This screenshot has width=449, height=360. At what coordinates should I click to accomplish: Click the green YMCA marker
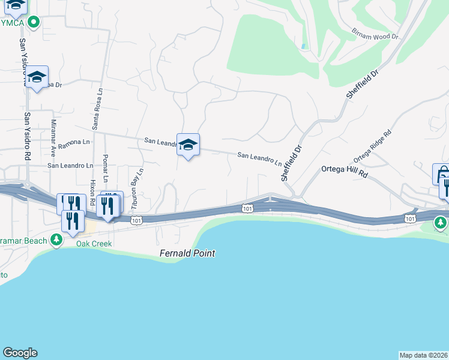(x=34, y=23)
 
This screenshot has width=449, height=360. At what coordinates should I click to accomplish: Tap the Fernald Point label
(x=187, y=254)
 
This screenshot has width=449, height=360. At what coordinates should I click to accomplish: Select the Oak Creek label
(x=94, y=244)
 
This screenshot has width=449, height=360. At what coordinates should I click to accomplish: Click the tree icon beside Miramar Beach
(x=56, y=241)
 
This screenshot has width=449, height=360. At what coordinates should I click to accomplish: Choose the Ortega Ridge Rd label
(x=372, y=146)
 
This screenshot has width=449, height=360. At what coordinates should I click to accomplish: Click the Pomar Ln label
(x=105, y=168)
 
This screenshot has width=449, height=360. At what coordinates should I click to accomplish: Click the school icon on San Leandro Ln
(x=188, y=145)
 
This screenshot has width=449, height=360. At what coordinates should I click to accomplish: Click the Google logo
(x=20, y=353)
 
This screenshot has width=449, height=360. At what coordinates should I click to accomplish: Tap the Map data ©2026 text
(x=423, y=355)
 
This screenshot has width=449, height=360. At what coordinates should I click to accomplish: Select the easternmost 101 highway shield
(x=410, y=218)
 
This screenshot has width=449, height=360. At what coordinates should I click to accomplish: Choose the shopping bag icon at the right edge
(x=442, y=173)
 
